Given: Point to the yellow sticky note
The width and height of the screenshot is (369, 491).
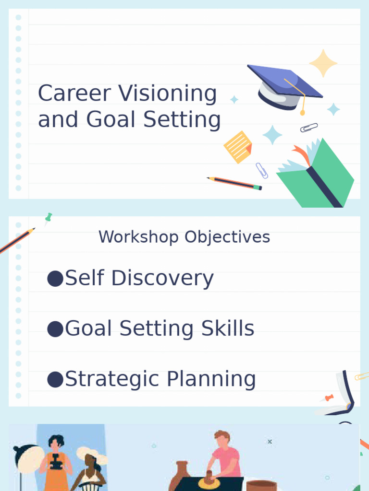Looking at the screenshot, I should click(x=238, y=146).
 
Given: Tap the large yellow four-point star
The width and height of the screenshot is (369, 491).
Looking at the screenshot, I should click(x=323, y=63).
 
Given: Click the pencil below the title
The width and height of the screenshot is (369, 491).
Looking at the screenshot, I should click(x=235, y=183).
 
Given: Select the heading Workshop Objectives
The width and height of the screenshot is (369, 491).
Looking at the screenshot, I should click(x=184, y=237).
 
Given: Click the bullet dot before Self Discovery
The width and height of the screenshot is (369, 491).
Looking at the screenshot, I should click(x=55, y=279).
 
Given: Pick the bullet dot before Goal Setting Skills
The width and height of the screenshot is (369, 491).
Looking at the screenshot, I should click(x=55, y=329).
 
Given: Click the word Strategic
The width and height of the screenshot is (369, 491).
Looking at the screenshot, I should click(x=113, y=379).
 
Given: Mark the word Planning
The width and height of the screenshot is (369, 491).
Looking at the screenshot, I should click(x=211, y=379).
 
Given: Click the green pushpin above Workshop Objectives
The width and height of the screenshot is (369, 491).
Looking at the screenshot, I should click(x=48, y=219).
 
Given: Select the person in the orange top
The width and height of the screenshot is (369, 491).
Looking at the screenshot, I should click(x=55, y=463).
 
